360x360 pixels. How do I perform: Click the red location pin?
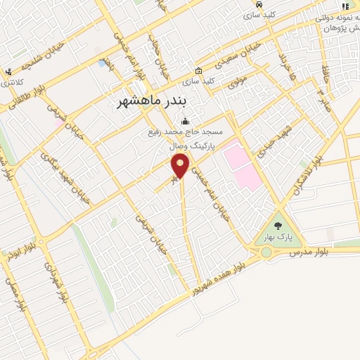point(181,166)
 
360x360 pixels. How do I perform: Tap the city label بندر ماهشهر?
point(152,102)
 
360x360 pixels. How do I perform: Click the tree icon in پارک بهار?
point(278,226)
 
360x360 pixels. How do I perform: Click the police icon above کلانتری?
point(8,72)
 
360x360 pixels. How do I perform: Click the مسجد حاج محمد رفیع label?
point(186,132)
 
